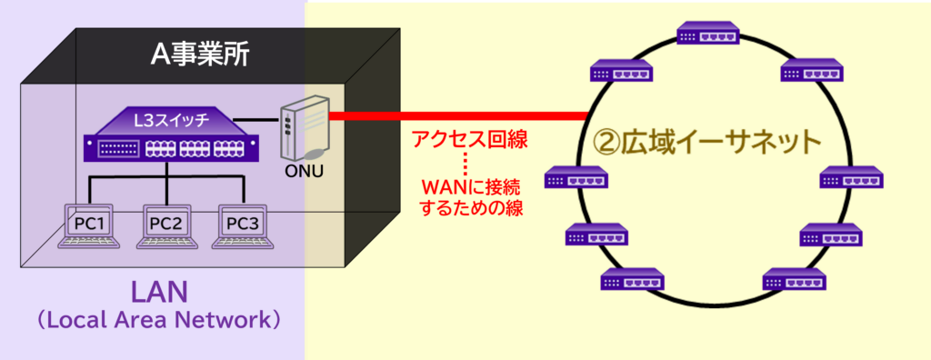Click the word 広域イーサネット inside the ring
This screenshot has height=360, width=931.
(x=723, y=142)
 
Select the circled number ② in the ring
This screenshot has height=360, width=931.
(x=606, y=142)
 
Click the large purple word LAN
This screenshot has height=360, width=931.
(x=158, y=293)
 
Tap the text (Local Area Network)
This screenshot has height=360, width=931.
(x=158, y=322)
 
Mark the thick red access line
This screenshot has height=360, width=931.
(x=455, y=116)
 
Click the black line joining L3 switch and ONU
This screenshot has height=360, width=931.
(x=257, y=120)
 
